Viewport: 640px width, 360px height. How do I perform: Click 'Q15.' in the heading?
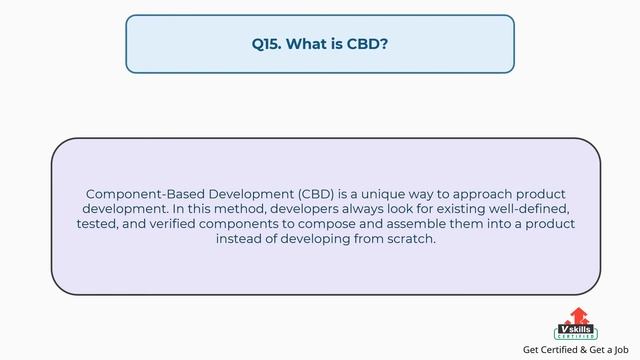[x=266, y=44]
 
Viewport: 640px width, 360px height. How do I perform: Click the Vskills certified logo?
[x=574, y=324]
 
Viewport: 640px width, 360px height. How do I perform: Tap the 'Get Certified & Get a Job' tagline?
[x=576, y=350]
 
